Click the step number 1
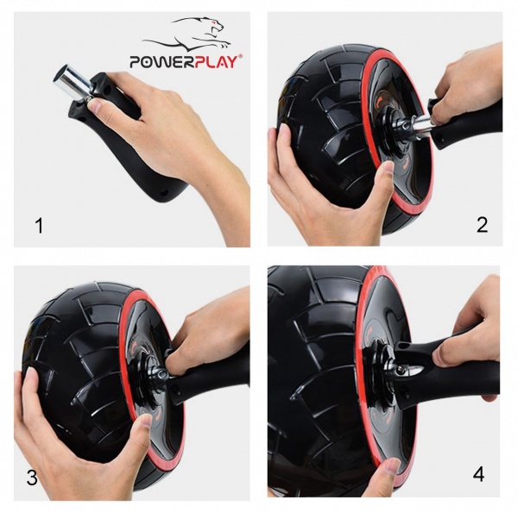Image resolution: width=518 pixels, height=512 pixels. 38,226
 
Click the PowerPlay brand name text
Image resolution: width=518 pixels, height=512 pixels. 186,62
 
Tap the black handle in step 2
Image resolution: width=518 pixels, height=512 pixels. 471,121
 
